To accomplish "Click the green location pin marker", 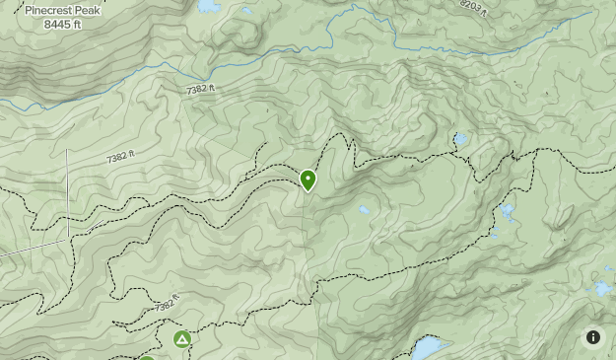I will [308, 180].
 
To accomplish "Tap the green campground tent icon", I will [181, 340].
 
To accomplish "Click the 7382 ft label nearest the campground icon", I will [168, 306].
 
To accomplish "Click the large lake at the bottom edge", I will [428, 348].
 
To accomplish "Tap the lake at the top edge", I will [208, 6].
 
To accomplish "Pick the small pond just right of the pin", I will [365, 210].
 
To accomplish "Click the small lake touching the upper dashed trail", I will [460, 139].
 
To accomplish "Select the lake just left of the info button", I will [602, 289].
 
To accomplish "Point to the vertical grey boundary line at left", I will [68, 192].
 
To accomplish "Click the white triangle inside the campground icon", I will [181, 340].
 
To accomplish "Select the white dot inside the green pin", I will [308, 178].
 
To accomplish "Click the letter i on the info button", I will [593, 337].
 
